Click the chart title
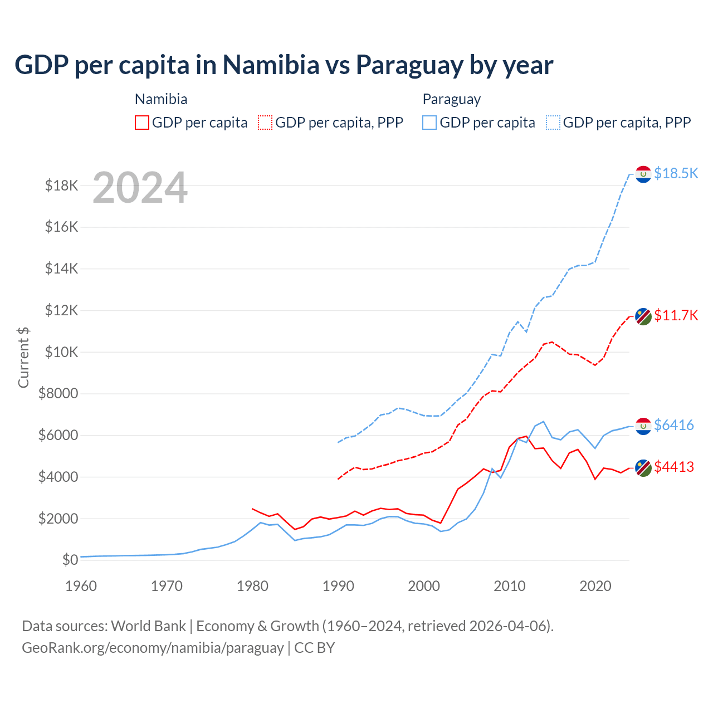tap(284, 65)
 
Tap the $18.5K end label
tap(676, 173)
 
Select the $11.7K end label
tap(676, 315)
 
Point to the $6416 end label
tap(674, 425)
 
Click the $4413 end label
tap(674, 467)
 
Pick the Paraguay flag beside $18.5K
tap(643, 174)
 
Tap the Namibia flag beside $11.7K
tap(643, 316)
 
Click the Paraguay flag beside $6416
tap(643, 426)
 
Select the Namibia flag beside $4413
tap(643, 468)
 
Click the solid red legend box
tap(142, 123)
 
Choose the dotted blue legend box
tap(553, 123)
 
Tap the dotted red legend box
tap(266, 123)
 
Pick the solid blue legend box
tap(429, 123)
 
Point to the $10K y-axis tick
tap(58, 352)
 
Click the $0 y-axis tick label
tap(70, 560)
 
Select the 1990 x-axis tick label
tap(338, 586)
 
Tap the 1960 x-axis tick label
tap(81, 586)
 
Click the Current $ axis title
tap(23, 357)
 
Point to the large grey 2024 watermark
tap(140, 188)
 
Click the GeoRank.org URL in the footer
tap(153, 648)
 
